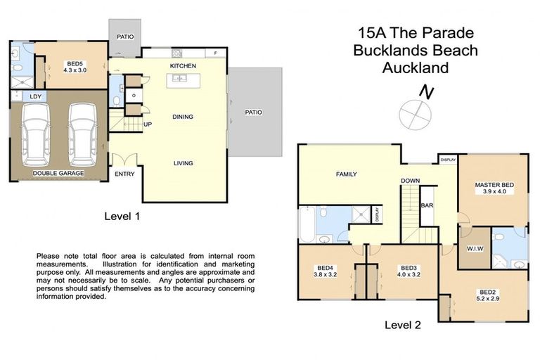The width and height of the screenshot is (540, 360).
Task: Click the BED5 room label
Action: click(x=74, y=63)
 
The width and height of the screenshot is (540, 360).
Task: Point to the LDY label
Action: click(x=34, y=97)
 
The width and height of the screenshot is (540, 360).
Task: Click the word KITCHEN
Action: click(x=182, y=66)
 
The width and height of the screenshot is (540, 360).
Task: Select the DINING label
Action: click(x=182, y=117)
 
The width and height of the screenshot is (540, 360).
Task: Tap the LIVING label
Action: click(x=184, y=163)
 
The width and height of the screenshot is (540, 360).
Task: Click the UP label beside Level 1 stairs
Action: click(x=148, y=124)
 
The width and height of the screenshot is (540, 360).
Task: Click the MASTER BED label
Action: click(x=494, y=185)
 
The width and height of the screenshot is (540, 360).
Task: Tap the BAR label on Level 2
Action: click(x=426, y=206)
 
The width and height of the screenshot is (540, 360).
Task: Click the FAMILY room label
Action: click(x=346, y=174)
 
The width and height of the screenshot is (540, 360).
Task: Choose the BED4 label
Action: click(x=325, y=268)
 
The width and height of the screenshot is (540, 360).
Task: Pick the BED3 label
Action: click(x=409, y=268)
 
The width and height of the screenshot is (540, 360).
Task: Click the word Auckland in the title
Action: click(x=415, y=68)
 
